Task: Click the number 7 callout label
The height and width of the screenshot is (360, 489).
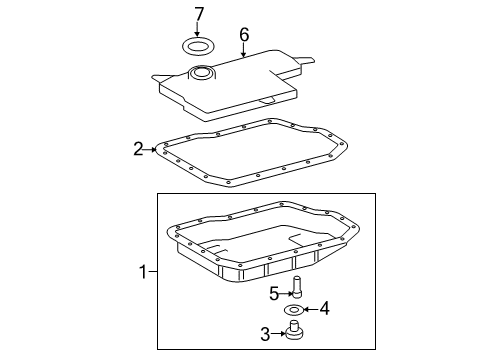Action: tap(199, 14)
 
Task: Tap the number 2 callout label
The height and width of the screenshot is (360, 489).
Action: tap(139, 150)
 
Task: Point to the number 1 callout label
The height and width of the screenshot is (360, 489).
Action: tap(142, 271)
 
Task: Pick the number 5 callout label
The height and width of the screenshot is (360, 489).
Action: tap(273, 293)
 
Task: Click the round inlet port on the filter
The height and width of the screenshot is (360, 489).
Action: tap(204, 71)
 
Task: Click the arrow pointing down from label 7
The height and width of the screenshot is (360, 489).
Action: tap(199, 29)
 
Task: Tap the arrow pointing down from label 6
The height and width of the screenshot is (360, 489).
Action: tap(242, 50)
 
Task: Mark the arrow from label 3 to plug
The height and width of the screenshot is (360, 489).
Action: tap(280, 334)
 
